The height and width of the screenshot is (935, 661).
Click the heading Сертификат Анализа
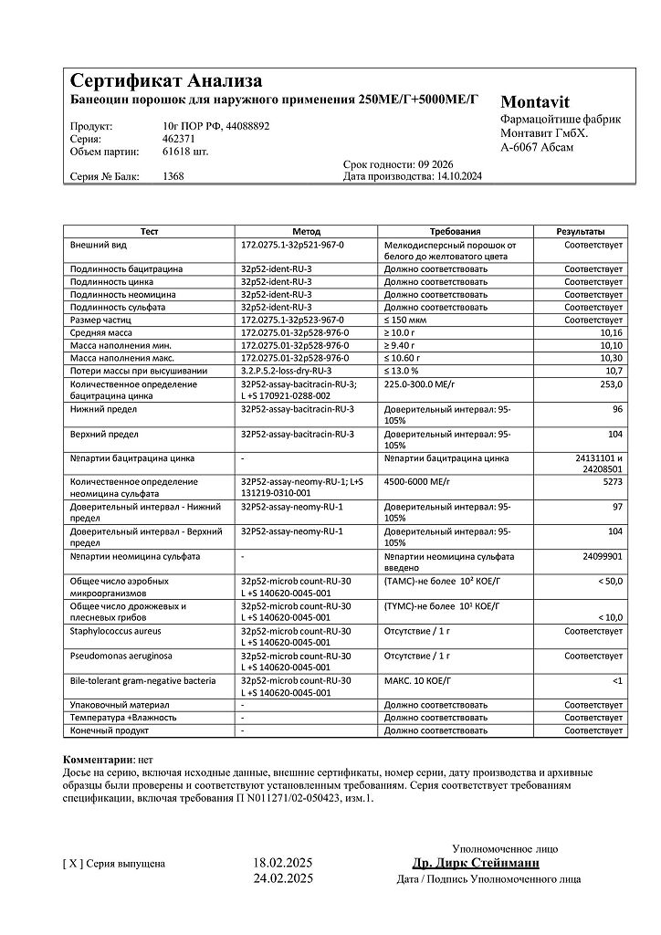(x=166, y=80)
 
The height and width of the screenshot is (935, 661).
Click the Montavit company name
(x=535, y=102)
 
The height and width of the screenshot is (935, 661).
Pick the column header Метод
(x=306, y=232)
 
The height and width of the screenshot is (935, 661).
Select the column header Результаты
(x=581, y=232)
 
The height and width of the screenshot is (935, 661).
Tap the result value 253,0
(x=611, y=384)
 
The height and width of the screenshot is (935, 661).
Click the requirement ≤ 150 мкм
(x=407, y=320)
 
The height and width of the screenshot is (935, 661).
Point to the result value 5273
(x=611, y=480)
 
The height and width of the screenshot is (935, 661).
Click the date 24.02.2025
(x=282, y=879)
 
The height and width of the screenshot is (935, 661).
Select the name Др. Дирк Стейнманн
(x=476, y=863)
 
